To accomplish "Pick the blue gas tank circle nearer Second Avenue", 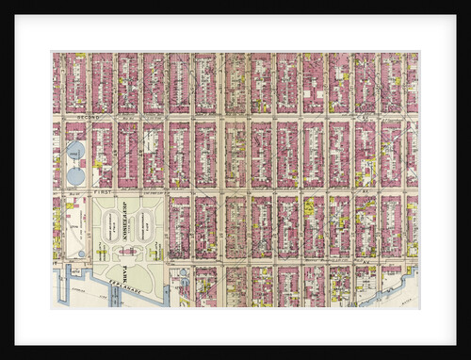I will point(75,149).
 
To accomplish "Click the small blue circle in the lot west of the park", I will point(81,254).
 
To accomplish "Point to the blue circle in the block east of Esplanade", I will point(182,272).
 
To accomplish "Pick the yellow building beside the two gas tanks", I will point(97,163).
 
